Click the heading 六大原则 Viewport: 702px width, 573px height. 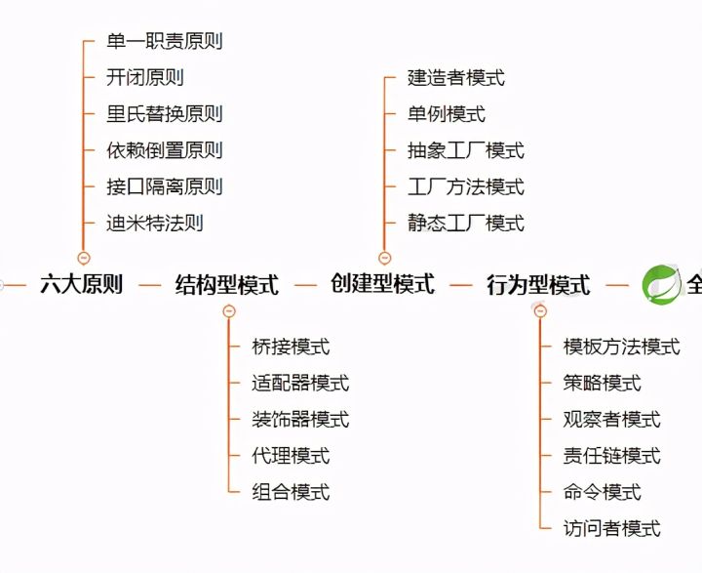pyautogui.click(x=81, y=285)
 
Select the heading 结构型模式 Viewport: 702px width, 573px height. pyautogui.click(x=226, y=285)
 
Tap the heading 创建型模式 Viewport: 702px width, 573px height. pyautogui.click(x=382, y=284)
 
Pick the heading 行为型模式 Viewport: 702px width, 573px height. pyautogui.click(x=538, y=285)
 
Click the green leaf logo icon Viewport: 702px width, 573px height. pyautogui.click(x=660, y=284)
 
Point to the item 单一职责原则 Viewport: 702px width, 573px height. pyautogui.click(x=164, y=41)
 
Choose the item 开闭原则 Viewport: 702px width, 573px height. pyautogui.click(x=144, y=77)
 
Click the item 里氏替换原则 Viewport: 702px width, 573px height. pyautogui.click(x=164, y=113)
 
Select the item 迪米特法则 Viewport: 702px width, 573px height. pyautogui.click(x=154, y=223)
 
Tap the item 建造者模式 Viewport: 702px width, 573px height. pyautogui.click(x=455, y=78)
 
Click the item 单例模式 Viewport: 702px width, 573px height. pyautogui.click(x=446, y=114)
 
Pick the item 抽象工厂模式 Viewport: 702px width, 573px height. pyautogui.click(x=465, y=150)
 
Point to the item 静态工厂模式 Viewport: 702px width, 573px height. pyautogui.click(x=465, y=223)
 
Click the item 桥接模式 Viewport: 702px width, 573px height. pyautogui.click(x=291, y=347)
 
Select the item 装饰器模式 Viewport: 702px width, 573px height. pyautogui.click(x=300, y=420)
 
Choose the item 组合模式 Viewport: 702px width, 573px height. pyautogui.click(x=291, y=492)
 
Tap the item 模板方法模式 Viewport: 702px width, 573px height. pyautogui.click(x=621, y=347)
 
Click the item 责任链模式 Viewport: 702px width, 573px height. pyautogui.click(x=611, y=456)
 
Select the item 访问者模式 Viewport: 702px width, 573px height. pyautogui.click(x=611, y=528)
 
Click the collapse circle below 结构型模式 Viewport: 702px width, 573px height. pyautogui.click(x=229, y=311)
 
